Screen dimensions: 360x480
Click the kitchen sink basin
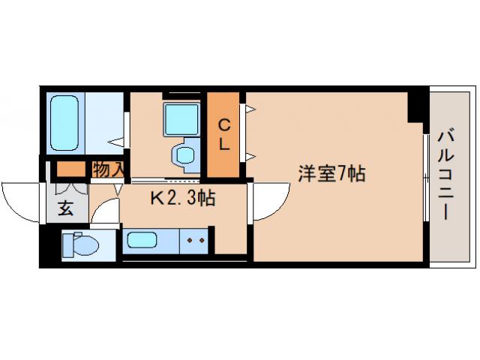(140, 240)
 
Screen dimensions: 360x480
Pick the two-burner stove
(196, 240)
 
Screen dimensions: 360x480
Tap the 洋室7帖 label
(331, 174)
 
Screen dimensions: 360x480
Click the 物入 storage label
(108, 170)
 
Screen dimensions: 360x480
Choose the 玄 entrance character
(66, 208)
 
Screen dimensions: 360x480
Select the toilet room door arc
(105, 212)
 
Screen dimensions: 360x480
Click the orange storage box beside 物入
(73, 169)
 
